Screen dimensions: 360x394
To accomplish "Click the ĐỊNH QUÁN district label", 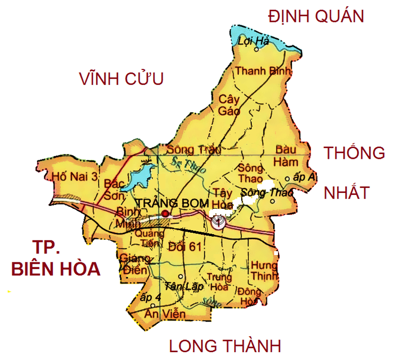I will (x=316, y=17).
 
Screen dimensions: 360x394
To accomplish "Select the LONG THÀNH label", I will (x=225, y=346).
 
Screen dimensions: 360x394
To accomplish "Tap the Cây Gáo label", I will (x=230, y=105).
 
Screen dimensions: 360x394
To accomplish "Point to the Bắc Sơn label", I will (x=115, y=189).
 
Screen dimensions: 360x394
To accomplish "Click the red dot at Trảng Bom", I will (x=165, y=213).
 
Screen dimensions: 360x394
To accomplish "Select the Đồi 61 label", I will (x=185, y=246).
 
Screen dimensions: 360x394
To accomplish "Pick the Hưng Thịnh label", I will (x=264, y=271).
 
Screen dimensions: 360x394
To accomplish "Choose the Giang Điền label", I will (x=131, y=263).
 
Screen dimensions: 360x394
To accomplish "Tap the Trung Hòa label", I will (x=217, y=282).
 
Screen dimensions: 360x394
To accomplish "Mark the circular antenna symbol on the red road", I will (x=218, y=223).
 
